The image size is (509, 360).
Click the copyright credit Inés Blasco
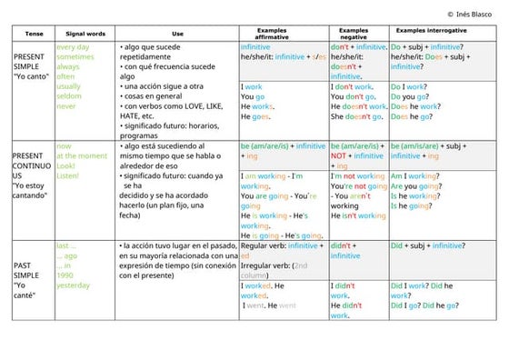tap(475, 15)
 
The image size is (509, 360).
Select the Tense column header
tap(34, 34)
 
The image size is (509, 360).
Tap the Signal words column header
tap(86, 34)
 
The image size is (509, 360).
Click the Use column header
tap(177, 34)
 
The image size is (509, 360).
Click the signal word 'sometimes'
tap(75, 56)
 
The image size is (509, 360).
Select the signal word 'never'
tap(67, 106)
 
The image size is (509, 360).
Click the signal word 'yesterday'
tap(74, 285)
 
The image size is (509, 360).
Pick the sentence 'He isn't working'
tap(358, 215)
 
